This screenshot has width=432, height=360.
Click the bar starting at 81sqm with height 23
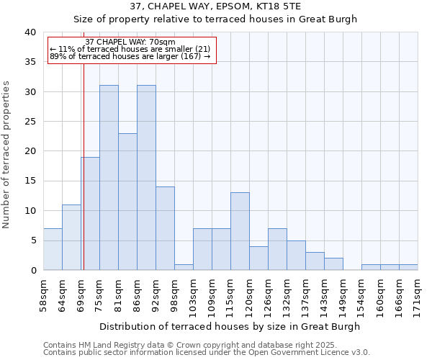click(127, 202)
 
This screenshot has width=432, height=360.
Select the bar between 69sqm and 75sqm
click(90, 213)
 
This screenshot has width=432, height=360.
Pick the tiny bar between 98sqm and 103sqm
click(184, 267)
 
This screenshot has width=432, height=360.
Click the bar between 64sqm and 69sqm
click(71, 237)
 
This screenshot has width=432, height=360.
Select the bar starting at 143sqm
click(333, 264)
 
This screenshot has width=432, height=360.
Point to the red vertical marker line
click(84, 180)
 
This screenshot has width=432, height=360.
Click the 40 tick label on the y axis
click(30, 32)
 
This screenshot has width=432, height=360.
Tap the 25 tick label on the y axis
click(30, 122)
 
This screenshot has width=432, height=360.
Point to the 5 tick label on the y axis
click(32, 240)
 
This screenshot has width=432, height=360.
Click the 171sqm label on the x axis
click(418, 296)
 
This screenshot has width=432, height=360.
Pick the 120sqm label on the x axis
click(250, 296)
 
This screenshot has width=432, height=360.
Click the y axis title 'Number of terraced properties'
click(6, 154)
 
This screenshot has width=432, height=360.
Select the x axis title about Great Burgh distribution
click(230, 326)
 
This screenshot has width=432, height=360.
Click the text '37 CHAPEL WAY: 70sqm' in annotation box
click(130, 42)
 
